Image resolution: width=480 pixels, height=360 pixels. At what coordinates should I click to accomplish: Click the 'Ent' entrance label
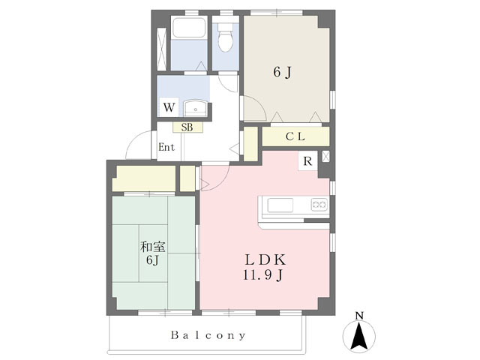point(166,148)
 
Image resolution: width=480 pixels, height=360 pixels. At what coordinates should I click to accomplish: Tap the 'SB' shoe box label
point(187,127)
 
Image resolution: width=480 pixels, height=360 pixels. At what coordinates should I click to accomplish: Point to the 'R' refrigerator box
point(307,160)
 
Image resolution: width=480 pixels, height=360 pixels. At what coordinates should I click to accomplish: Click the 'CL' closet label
point(294,137)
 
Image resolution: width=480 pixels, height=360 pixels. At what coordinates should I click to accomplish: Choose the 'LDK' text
point(264,259)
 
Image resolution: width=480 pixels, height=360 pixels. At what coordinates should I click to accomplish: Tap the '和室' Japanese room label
point(152,246)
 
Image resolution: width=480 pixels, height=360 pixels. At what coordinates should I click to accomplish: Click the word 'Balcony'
point(207,335)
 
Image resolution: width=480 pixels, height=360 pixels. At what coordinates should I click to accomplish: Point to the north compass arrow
point(358,335)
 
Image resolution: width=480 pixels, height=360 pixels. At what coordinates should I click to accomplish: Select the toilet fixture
point(225,38)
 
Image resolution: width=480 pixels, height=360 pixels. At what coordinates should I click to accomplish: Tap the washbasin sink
point(195,107)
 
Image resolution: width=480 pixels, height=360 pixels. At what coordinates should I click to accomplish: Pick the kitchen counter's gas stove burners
point(319,204)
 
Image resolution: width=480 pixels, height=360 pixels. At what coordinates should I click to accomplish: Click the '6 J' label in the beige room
point(281,73)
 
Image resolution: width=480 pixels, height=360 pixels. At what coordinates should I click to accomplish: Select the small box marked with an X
point(325,157)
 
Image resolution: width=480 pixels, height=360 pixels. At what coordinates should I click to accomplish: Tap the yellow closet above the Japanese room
point(143,178)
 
